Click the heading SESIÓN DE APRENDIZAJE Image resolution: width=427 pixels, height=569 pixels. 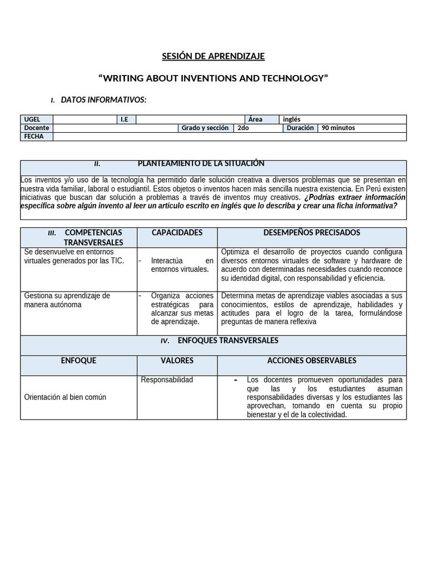pos(213,56)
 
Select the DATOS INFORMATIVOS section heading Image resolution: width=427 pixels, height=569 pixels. pos(103,99)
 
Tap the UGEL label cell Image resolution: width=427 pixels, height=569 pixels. pos(37,119)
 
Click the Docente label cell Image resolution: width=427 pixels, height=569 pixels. pos(37,128)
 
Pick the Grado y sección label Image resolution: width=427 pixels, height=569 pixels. pos(205,128)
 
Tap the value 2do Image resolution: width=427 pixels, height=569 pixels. pos(243,128)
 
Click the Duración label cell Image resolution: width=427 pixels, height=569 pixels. pos(300,128)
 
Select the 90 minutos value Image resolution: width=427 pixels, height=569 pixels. pos(338,128)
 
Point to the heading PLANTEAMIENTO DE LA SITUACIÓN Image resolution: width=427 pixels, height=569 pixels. pos(201,163)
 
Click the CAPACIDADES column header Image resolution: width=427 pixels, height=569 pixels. pos(177,232)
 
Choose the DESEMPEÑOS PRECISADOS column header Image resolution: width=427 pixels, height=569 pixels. pos(312,232)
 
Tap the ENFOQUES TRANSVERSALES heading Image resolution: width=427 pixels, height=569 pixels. pos(227,340)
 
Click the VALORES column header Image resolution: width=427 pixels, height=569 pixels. pos(177,361)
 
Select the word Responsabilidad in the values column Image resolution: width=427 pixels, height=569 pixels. pos(167,380)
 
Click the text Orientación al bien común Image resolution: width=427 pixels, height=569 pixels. pos(65,397)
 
